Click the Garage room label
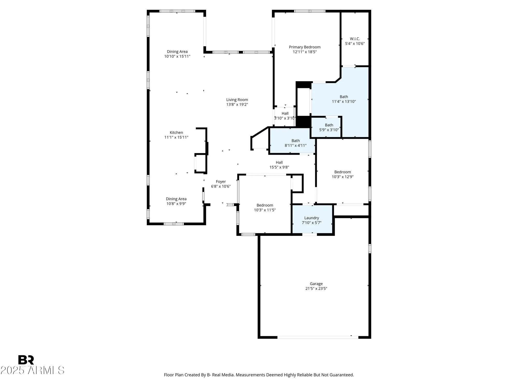coord(316,284)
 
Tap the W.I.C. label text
coord(355,39)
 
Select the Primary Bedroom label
coord(305,47)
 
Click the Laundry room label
coord(312,218)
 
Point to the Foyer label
coord(221,182)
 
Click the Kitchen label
coord(176,132)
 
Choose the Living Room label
coord(237,100)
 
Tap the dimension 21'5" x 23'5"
coord(316,289)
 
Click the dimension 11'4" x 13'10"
coord(344,102)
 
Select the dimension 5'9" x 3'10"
coord(329,130)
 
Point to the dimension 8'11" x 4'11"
coord(296,146)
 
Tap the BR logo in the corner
coord(26,360)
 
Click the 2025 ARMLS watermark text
coord(32,370)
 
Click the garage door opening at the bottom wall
coord(318,337)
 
